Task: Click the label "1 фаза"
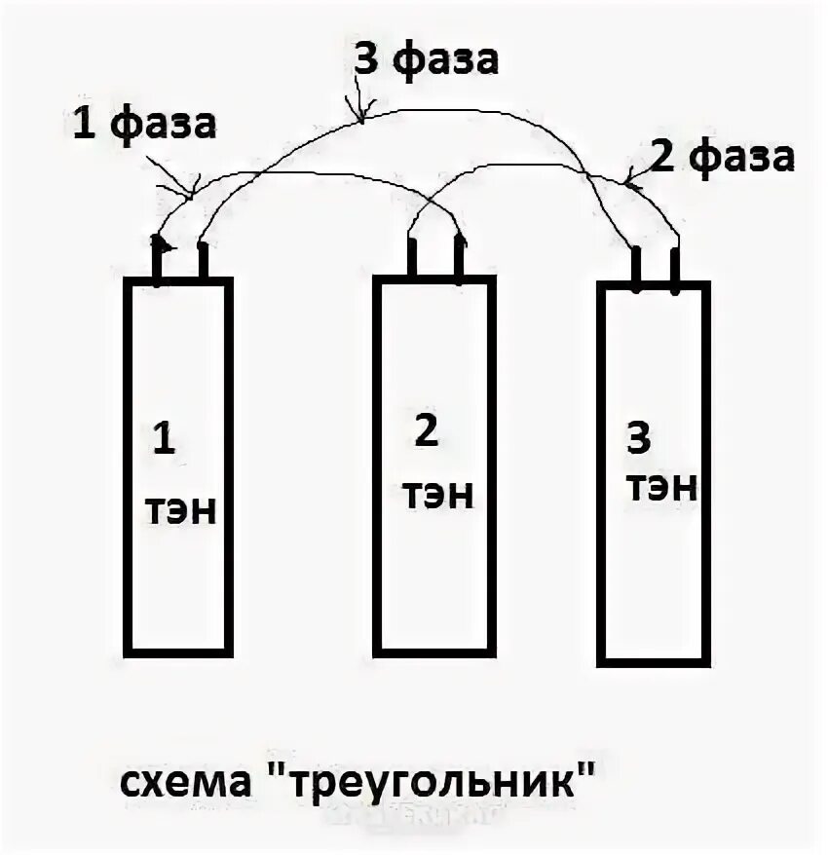click(143, 126)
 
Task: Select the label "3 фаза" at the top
click(425, 60)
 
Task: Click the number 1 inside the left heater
click(163, 440)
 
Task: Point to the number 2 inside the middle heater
click(427, 432)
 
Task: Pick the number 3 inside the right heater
click(638, 439)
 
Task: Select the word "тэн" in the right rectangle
click(663, 486)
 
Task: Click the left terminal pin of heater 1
click(157, 260)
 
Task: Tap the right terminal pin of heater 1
click(203, 261)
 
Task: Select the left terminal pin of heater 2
click(412, 257)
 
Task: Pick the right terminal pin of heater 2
click(459, 257)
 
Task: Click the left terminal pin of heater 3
click(634, 269)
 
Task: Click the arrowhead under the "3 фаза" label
click(360, 115)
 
